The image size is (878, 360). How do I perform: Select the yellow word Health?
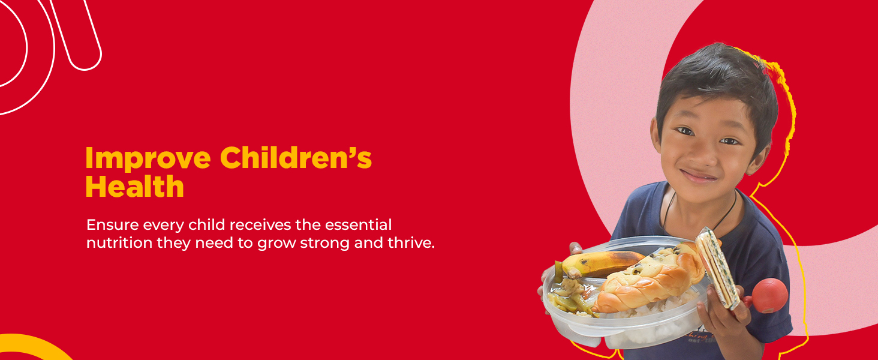pos(134,187)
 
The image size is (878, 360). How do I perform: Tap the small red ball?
pos(769,295)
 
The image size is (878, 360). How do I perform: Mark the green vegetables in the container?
pos(570,294)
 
